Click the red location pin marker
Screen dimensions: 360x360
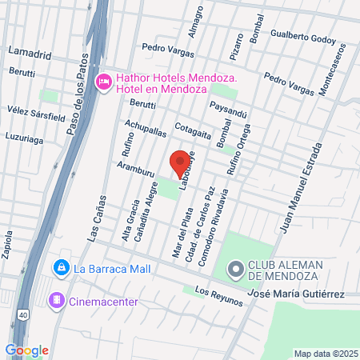tap(181, 161)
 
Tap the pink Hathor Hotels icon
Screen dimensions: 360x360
tap(103, 81)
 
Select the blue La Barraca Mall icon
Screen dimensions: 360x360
tap(61, 268)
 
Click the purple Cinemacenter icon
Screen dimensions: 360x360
tap(56, 301)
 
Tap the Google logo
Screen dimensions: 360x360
tap(26, 350)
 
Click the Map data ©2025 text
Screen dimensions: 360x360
tap(325, 354)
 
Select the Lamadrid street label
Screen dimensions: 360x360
tap(29, 53)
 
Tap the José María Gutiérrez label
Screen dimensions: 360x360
tap(296, 294)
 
